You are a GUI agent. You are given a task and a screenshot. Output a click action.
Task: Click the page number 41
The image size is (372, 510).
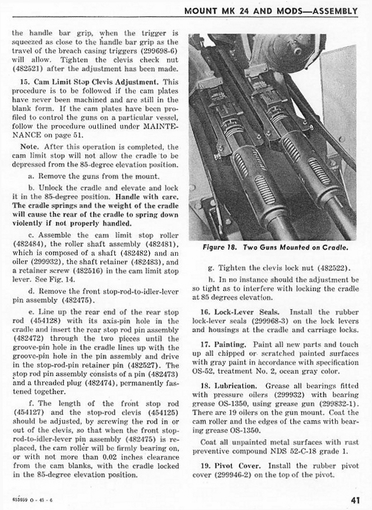355,500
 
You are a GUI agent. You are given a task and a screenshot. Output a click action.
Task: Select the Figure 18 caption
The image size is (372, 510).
276,247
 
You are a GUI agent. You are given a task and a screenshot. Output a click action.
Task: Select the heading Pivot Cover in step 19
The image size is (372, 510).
234,465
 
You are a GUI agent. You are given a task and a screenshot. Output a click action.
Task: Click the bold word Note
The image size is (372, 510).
30,147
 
